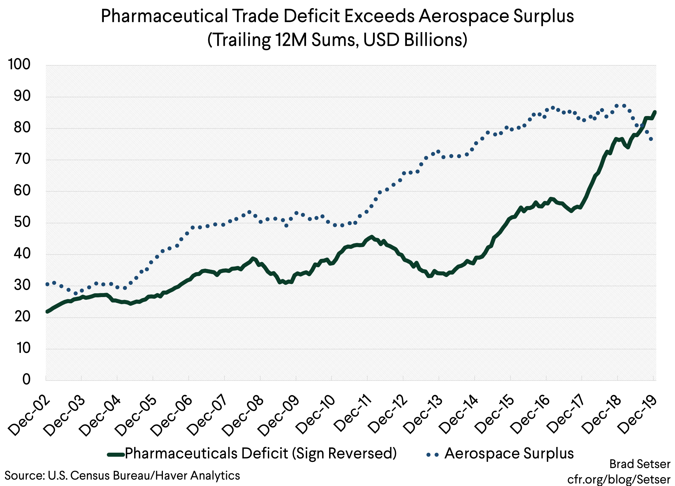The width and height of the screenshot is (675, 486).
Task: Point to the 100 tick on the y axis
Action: click(x=19, y=65)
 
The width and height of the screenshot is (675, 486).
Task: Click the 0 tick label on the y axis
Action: click(x=27, y=379)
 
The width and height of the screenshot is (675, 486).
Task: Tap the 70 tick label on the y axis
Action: click(x=22, y=159)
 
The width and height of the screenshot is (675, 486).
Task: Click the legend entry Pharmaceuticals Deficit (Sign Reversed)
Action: click(x=261, y=453)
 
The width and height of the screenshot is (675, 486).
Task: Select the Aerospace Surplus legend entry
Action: click(x=509, y=453)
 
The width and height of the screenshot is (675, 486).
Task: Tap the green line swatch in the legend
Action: click(x=116, y=455)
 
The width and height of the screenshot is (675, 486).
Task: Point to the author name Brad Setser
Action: click(x=640, y=464)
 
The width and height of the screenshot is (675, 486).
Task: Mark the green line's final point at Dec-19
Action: click(x=655, y=112)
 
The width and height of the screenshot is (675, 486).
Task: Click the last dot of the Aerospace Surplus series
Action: click(x=651, y=139)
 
